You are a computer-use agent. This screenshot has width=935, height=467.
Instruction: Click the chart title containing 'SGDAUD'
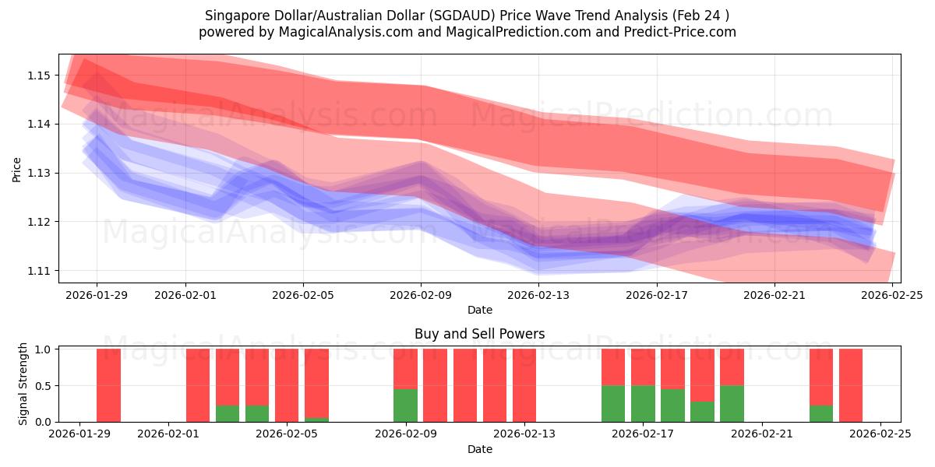point(467,16)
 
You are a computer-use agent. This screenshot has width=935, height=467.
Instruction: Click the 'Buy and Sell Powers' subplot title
point(479,334)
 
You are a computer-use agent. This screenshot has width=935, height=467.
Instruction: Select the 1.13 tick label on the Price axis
point(39,173)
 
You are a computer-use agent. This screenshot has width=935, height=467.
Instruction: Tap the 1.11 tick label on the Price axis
point(39,271)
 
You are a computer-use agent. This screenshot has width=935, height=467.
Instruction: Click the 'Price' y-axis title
point(16,168)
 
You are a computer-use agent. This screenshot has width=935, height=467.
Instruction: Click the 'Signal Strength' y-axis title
point(23,384)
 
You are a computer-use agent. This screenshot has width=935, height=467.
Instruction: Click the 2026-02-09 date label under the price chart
point(422,295)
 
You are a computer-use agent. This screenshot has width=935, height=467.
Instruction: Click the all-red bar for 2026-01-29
point(109,385)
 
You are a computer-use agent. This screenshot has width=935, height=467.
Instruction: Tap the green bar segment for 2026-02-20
point(732,403)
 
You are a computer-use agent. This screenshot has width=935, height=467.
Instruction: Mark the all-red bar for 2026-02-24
point(851,385)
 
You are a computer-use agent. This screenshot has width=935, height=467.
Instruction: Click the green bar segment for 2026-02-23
point(821,413)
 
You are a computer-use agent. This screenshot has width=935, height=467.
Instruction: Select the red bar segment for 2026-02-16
point(613,367)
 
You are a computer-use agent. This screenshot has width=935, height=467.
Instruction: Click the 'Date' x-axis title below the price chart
point(479,310)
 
